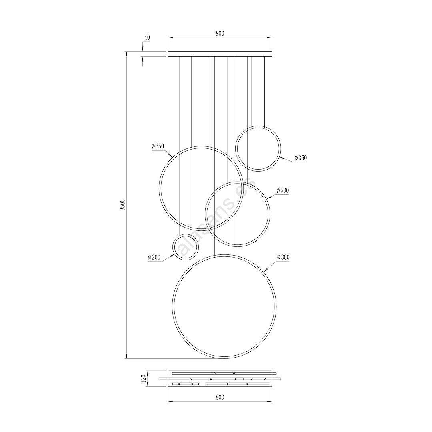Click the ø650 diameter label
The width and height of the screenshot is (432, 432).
click(x=158, y=146)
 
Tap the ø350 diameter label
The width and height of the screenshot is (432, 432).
click(x=300, y=158)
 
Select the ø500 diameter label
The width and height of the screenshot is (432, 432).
click(x=282, y=190)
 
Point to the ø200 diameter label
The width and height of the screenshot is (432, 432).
click(x=154, y=257)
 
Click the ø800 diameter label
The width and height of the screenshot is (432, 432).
click(x=283, y=257)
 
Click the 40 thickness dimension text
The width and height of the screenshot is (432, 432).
click(x=147, y=38)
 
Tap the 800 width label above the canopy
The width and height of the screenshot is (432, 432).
click(x=220, y=33)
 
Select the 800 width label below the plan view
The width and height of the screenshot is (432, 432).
click(x=220, y=397)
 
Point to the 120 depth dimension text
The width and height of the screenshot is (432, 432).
click(x=143, y=379)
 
